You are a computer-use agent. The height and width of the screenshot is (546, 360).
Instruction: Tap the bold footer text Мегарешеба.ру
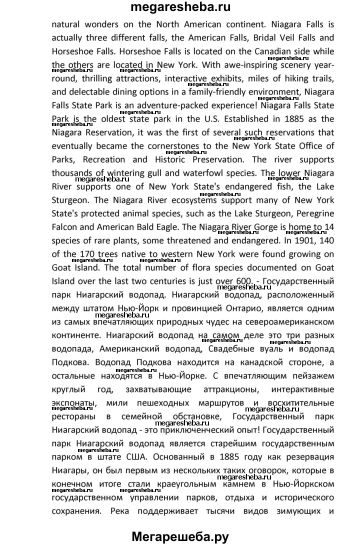(180, 536)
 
